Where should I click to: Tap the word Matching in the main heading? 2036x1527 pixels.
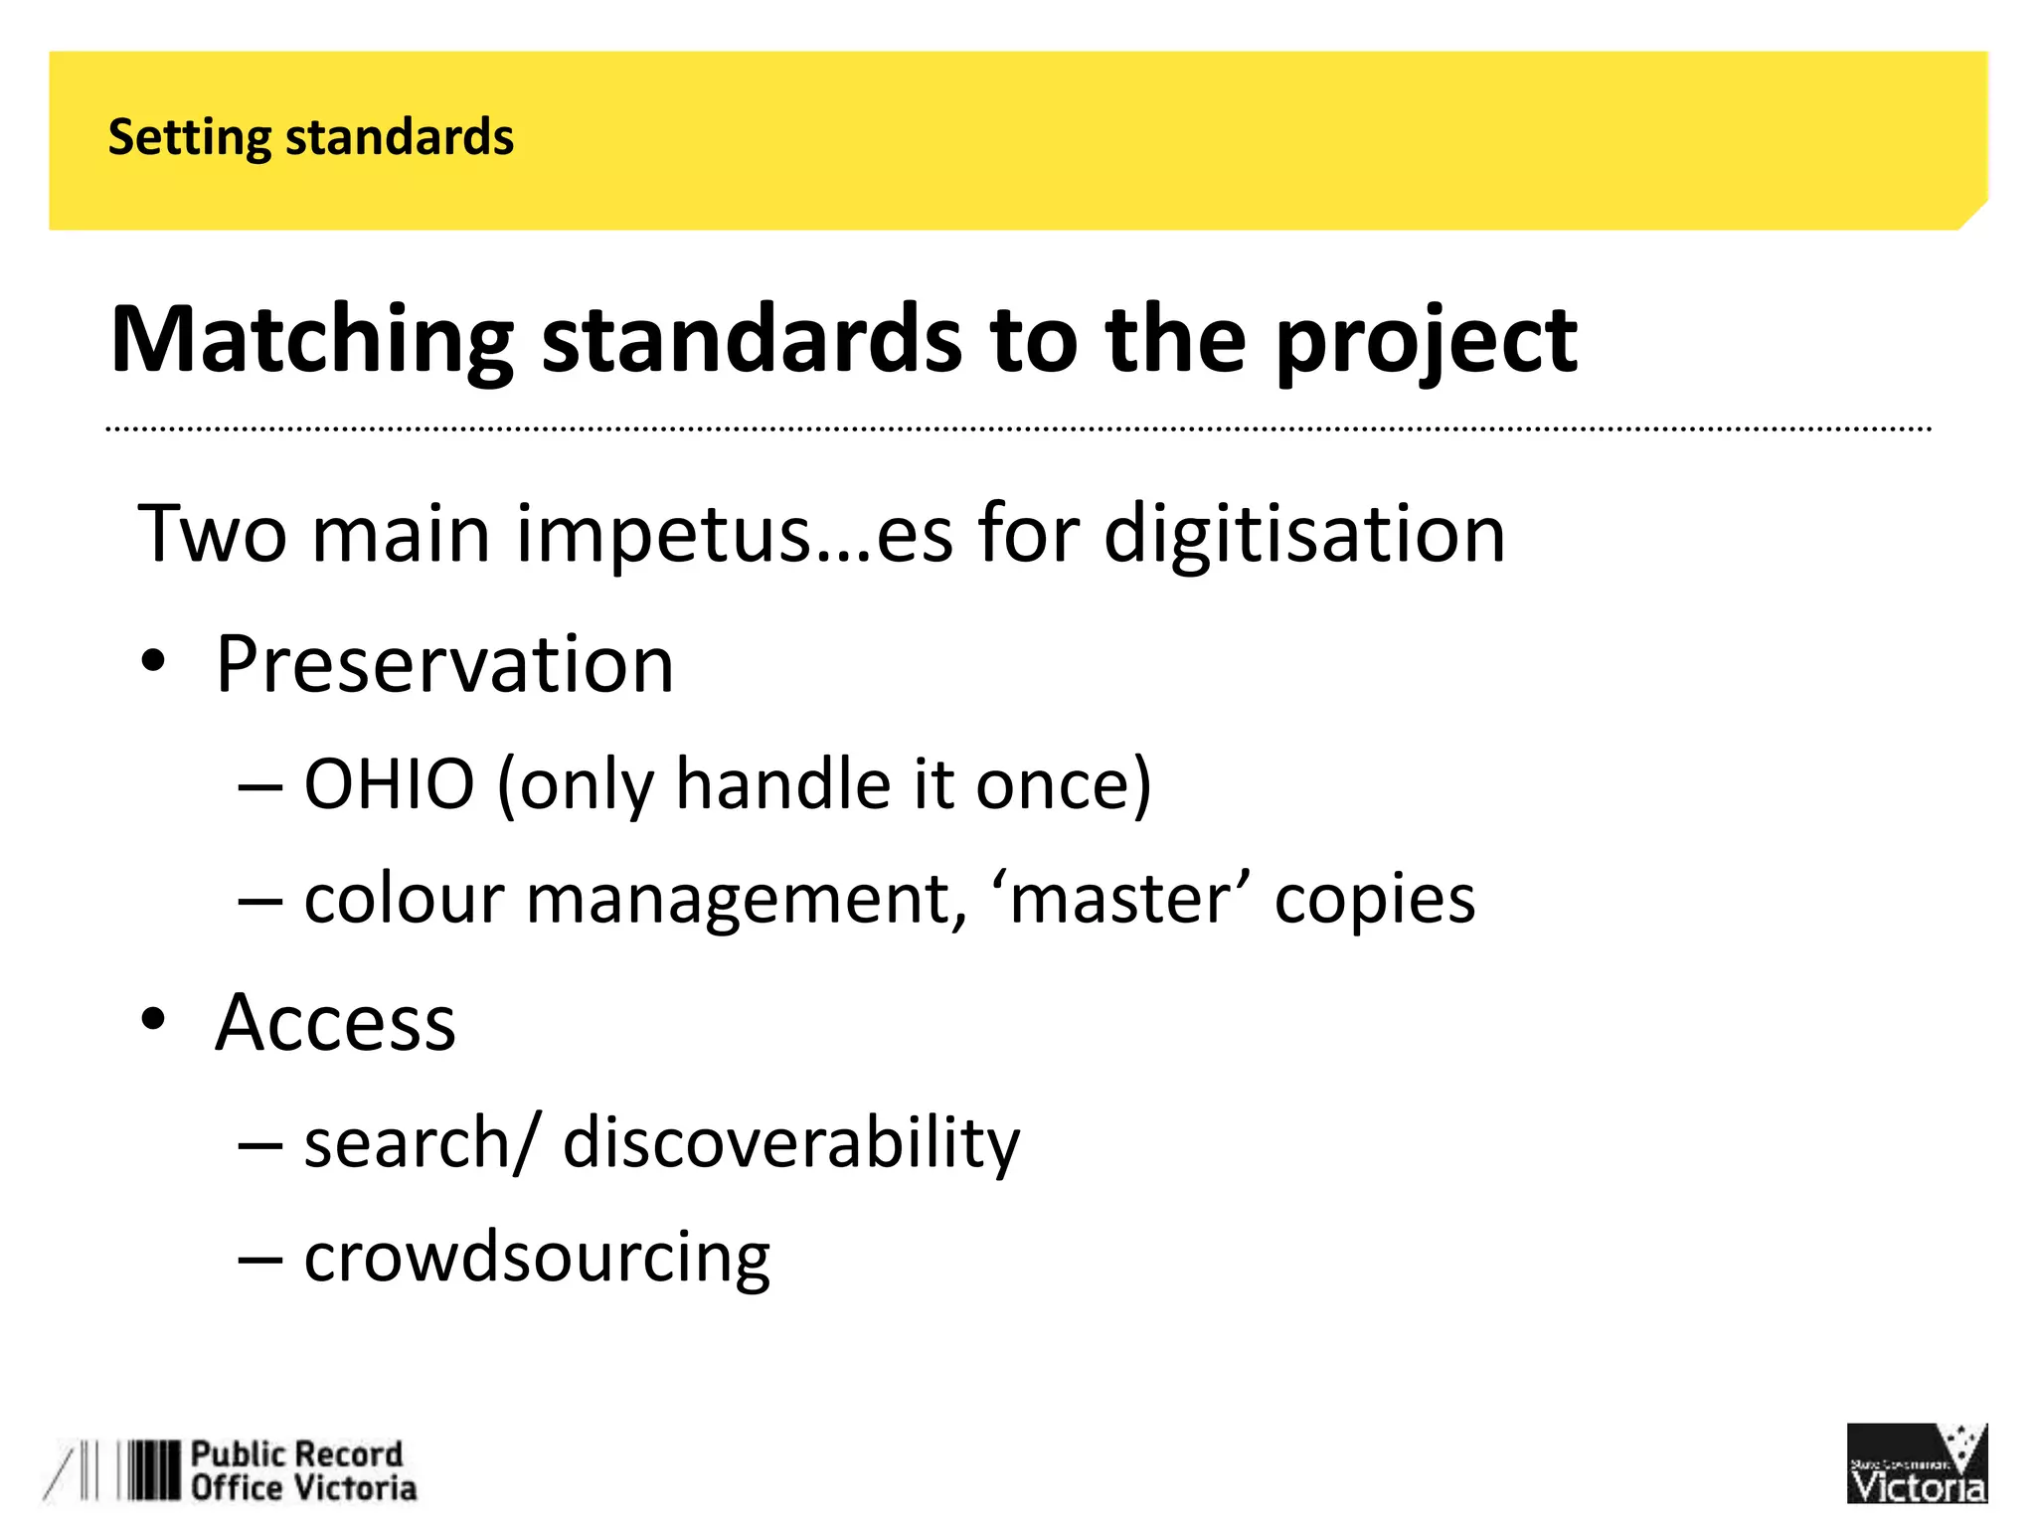tap(311, 340)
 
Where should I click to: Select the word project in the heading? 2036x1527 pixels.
tap(1426, 340)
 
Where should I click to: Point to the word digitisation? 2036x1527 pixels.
tap(1304, 535)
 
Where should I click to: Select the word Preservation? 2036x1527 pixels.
tap(444, 664)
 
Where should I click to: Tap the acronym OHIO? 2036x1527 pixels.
tap(389, 784)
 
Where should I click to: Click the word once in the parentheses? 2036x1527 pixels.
tap(1062, 784)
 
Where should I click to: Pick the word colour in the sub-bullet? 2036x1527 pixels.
tap(405, 899)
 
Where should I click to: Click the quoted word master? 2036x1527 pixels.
tap(1117, 899)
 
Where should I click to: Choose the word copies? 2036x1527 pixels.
tap(1374, 899)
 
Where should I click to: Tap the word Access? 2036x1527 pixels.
tap(335, 1022)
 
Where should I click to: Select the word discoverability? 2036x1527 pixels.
tap(790, 1142)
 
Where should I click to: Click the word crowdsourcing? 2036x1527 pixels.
tap(537, 1257)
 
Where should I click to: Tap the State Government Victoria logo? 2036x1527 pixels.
tap(1916, 1463)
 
